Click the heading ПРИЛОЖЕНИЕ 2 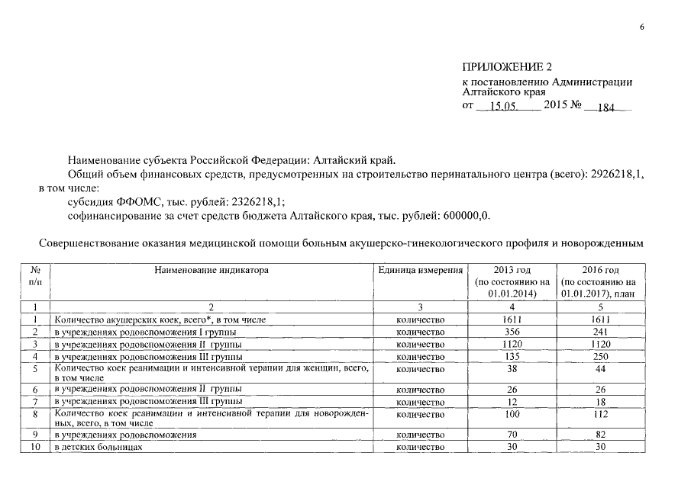[507, 68]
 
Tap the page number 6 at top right [642, 28]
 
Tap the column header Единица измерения [421, 270]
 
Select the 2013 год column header [512, 281]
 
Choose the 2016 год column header [600, 281]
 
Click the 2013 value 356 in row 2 [512, 332]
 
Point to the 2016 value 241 [600, 332]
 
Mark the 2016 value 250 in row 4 [600, 356]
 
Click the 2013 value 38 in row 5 [512, 369]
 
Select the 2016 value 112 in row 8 [600, 414]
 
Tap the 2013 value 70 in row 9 [512, 435]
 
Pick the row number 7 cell [34, 401]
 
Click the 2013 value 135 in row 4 [512, 356]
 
